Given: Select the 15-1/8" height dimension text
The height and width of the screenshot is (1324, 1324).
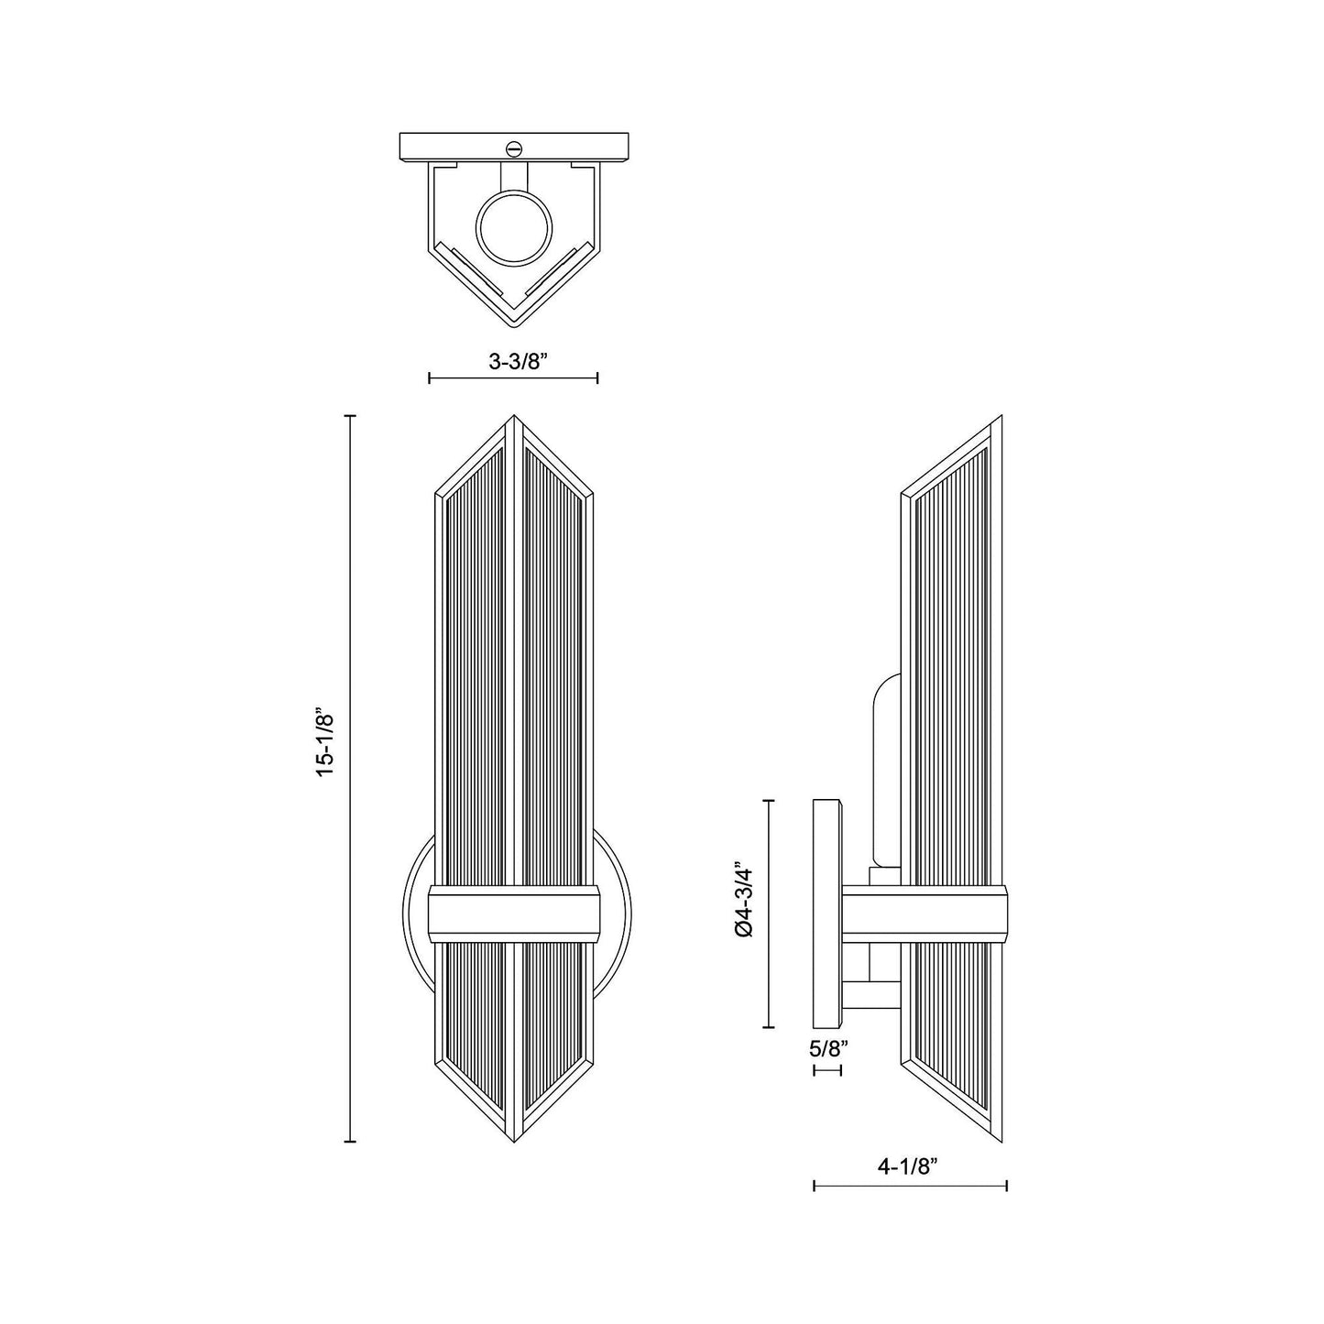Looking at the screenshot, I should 327,742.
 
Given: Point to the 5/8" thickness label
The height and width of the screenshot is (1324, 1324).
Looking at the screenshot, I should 826,1049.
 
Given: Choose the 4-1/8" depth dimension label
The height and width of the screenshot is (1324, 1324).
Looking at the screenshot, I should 909,1166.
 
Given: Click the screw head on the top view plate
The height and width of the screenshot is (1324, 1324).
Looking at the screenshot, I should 514,147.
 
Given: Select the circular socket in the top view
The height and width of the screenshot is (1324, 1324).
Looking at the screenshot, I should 514,227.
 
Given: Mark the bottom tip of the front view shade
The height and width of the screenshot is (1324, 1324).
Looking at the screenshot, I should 514,1139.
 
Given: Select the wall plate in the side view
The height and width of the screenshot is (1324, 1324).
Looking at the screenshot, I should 827,913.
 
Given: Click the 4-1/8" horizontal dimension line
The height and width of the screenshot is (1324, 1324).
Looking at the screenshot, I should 909,1186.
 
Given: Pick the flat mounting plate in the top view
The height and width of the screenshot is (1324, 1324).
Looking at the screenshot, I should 514,146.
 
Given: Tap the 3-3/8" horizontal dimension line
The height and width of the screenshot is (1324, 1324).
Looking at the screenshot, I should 513,378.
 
